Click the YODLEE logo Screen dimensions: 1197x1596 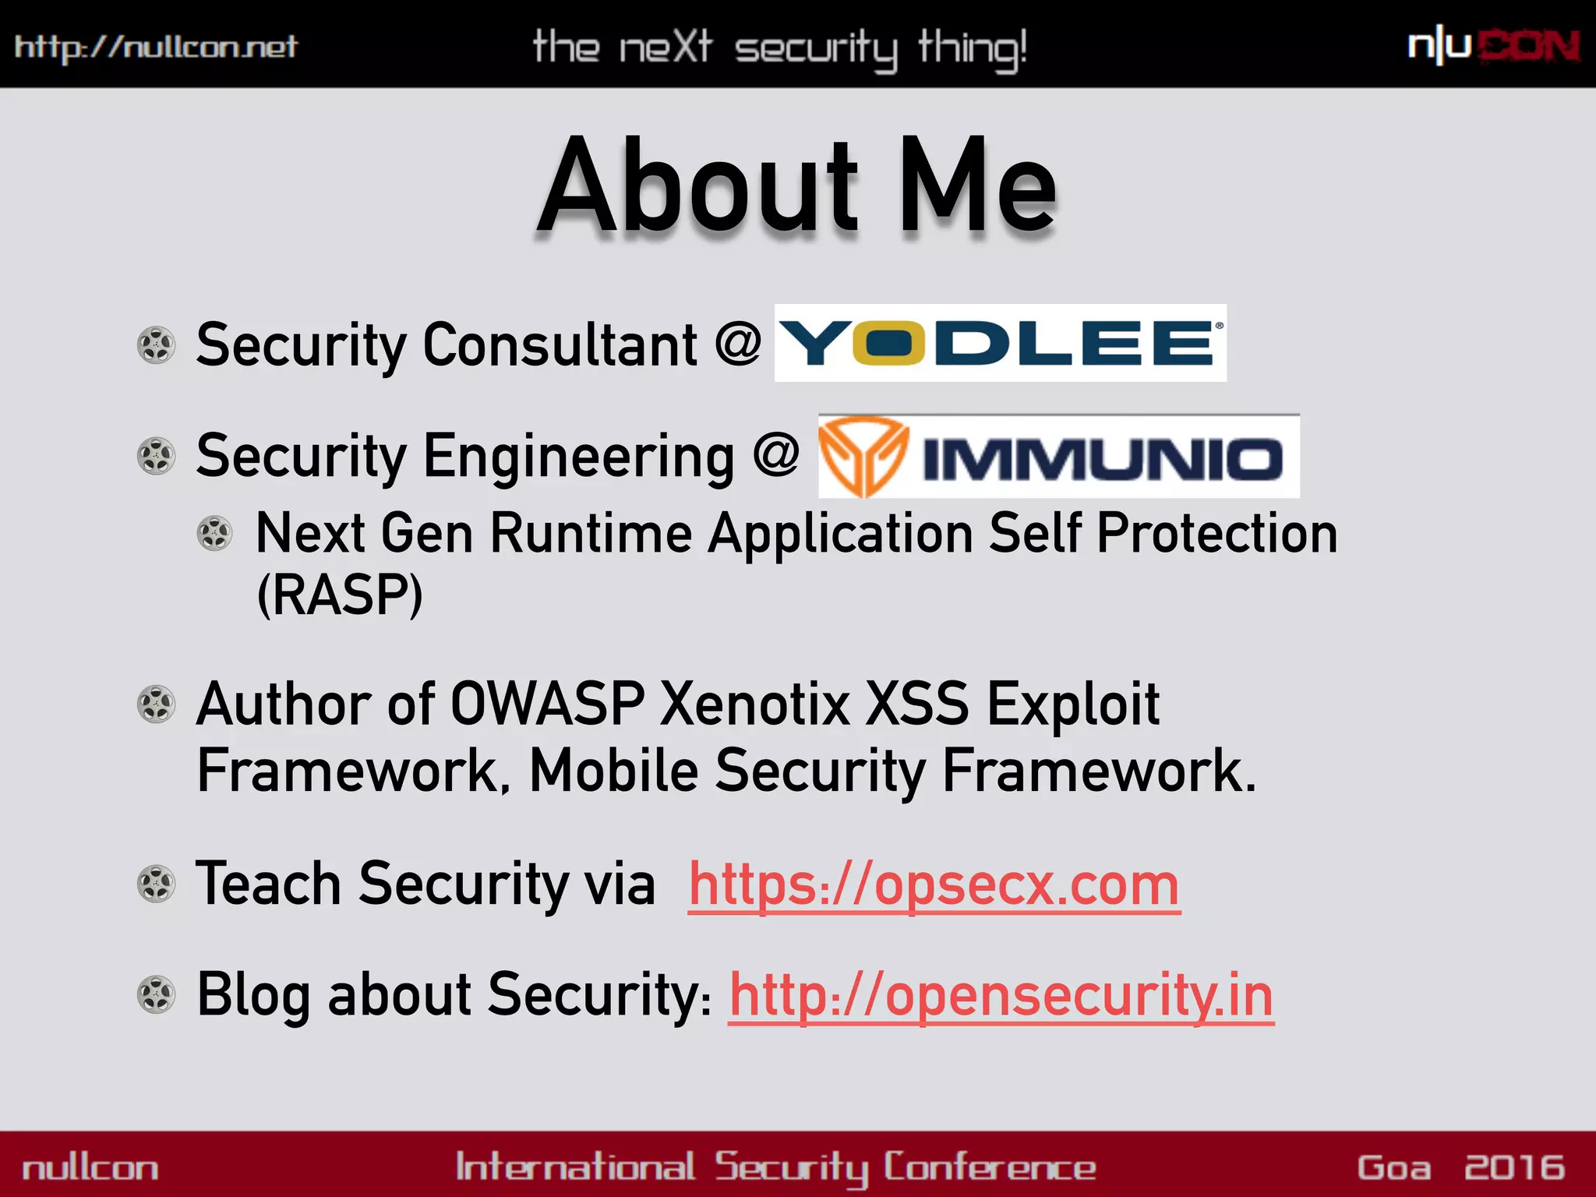1000,343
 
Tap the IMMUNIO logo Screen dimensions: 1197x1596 1058,457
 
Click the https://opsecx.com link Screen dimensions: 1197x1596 934,885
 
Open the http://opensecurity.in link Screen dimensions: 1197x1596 1001,996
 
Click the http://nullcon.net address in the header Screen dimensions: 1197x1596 156,47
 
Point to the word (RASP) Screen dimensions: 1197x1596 340,595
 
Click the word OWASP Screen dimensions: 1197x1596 548,704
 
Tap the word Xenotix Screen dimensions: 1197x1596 754,704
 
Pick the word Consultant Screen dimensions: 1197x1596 560,344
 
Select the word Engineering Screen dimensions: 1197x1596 578,457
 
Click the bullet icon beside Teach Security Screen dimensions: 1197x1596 156,884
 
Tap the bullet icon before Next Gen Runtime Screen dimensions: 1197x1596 214,534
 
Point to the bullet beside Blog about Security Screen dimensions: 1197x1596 156,994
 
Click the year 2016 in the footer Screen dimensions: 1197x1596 1514,1167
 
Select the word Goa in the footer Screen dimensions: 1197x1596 1394,1167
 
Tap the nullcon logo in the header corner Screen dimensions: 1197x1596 1493,47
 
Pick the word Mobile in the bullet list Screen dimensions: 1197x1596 613,771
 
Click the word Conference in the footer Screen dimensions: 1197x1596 990,1167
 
